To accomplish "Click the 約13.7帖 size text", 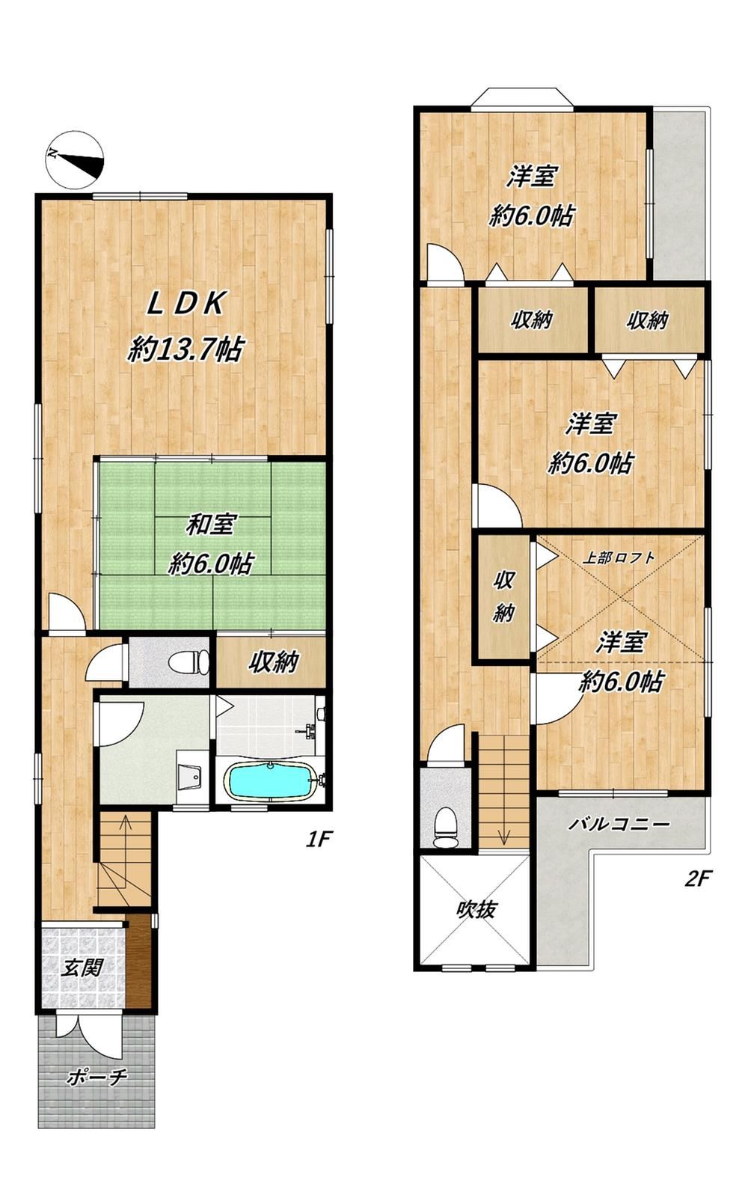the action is pyautogui.click(x=186, y=349).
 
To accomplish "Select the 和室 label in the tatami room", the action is pyautogui.click(x=211, y=526).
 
